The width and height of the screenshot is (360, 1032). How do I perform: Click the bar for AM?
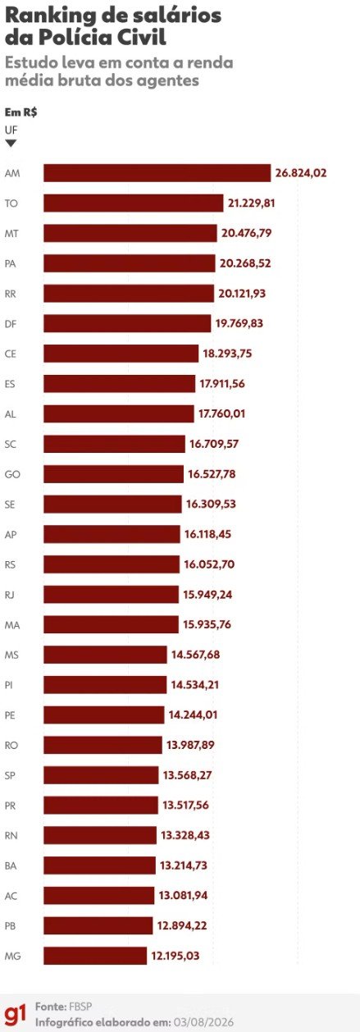(x=157, y=173)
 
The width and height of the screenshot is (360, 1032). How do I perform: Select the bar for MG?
(x=95, y=956)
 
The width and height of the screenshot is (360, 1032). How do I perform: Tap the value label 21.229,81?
(x=252, y=203)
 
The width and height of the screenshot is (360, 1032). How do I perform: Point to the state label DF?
(x=11, y=324)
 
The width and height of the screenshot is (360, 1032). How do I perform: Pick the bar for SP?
(x=102, y=775)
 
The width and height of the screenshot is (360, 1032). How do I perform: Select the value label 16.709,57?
(x=214, y=444)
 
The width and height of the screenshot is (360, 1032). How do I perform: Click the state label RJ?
(x=10, y=595)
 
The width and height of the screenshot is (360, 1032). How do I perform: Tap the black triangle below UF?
(x=11, y=144)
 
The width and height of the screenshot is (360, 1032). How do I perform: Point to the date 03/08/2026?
(x=204, y=1022)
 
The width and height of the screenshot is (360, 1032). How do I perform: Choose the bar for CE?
(x=121, y=354)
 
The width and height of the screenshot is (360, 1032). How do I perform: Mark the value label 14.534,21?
(x=194, y=685)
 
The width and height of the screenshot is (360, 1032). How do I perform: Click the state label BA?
(x=11, y=865)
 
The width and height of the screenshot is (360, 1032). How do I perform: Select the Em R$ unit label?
(x=21, y=112)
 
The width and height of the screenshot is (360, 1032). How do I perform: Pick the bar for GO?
(x=114, y=473)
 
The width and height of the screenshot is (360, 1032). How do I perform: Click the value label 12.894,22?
(x=182, y=925)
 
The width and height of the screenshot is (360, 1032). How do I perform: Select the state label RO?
(x=11, y=745)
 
